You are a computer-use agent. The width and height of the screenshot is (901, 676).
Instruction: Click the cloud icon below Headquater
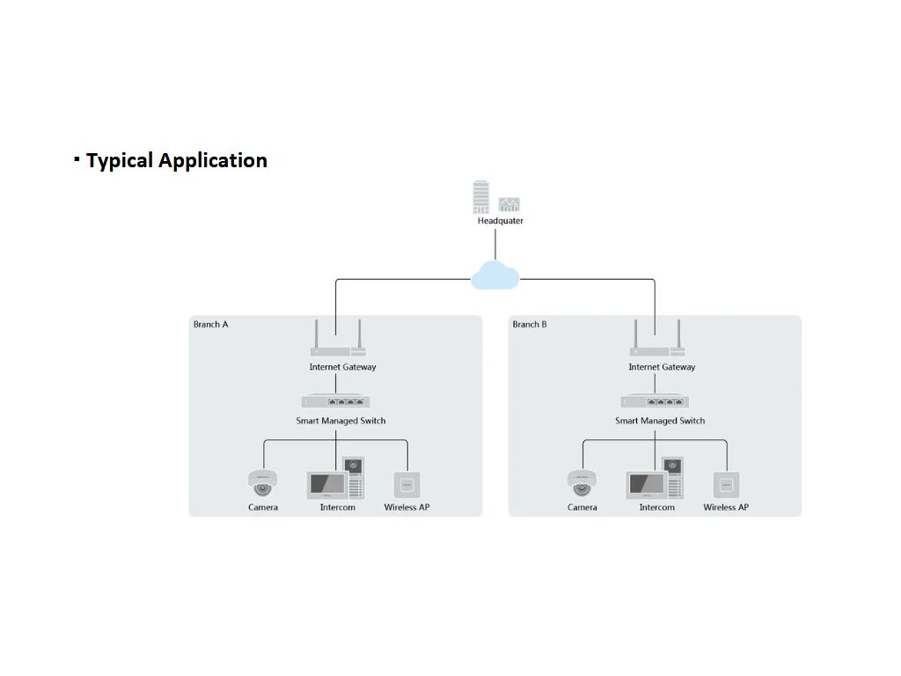[x=495, y=276]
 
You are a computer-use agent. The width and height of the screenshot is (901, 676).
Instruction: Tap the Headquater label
[x=500, y=221]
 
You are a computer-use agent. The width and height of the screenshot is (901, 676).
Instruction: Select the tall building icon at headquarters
[x=480, y=198]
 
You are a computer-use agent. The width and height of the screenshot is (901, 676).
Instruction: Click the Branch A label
[x=211, y=325]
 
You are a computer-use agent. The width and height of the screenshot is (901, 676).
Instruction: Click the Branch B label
[x=530, y=325]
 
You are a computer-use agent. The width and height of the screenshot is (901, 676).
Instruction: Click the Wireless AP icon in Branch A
[x=407, y=485]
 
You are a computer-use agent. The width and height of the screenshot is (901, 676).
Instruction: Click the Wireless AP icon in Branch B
[x=726, y=485]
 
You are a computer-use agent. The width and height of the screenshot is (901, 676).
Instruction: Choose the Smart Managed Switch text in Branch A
[x=341, y=421]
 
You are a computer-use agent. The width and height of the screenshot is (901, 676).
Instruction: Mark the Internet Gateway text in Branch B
[x=662, y=367]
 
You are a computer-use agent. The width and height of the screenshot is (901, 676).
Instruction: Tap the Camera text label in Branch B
[x=582, y=508]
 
